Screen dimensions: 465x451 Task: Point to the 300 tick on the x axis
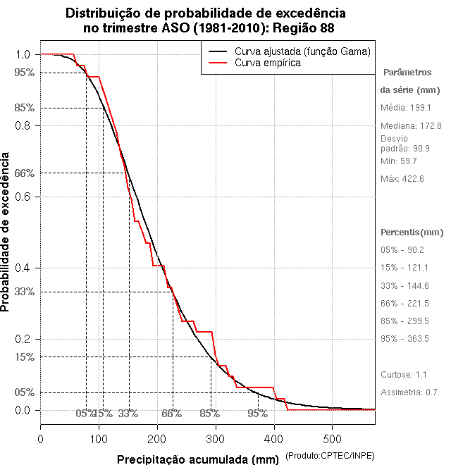(x=216, y=424)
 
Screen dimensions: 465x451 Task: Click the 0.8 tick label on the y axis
(x=23, y=125)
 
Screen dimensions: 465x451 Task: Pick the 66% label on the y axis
(x=23, y=173)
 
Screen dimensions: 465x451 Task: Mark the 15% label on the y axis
(x=23, y=357)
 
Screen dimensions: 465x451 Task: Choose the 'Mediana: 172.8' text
(x=411, y=125)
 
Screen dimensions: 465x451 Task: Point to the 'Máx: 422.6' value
(x=402, y=179)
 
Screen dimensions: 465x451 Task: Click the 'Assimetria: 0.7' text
(x=409, y=392)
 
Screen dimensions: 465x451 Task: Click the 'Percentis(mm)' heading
(x=412, y=232)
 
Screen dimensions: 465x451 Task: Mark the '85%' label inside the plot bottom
(x=209, y=414)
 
